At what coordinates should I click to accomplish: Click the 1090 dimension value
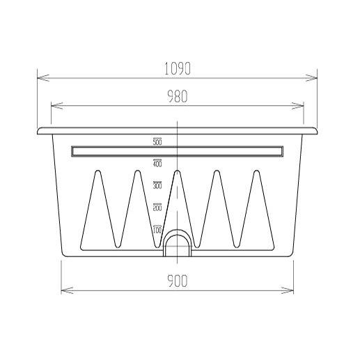[x=178, y=69]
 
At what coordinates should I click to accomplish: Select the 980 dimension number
[x=178, y=97]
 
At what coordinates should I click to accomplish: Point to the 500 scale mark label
[x=157, y=142]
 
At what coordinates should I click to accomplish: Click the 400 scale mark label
[x=157, y=164]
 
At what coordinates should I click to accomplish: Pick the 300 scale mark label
[x=157, y=186]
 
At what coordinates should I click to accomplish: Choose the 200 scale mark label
[x=157, y=208]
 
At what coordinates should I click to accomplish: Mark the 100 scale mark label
[x=157, y=229]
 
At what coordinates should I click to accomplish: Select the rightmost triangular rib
[x=256, y=212]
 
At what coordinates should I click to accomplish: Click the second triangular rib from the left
[x=136, y=212]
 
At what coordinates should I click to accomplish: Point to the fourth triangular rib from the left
[x=217, y=212]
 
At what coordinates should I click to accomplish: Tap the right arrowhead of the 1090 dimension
[x=314, y=77]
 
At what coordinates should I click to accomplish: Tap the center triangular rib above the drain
[x=177, y=202]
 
